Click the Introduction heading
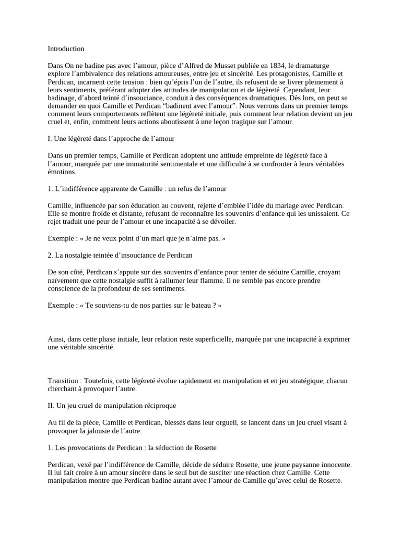[66, 49]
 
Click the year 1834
[277, 66]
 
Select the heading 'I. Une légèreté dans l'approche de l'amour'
[111, 139]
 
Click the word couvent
[177, 205]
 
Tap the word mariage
[289, 205]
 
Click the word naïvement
[64, 281]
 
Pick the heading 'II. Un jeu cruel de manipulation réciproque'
[112, 405]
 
